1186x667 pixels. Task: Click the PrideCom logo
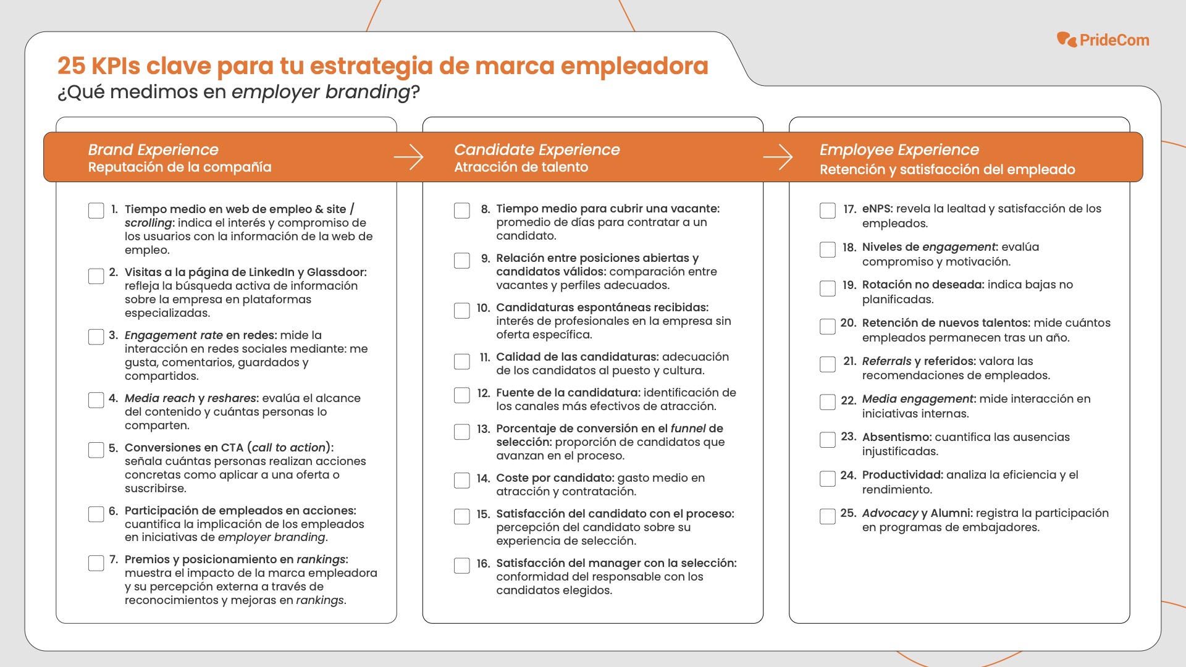click(x=1103, y=40)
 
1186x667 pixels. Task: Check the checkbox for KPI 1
click(x=96, y=211)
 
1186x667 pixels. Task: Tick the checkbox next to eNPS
click(x=828, y=211)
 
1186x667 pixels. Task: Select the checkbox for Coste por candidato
click(x=462, y=480)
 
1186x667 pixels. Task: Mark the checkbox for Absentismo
click(x=828, y=440)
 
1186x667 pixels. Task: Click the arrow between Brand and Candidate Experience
click(x=408, y=157)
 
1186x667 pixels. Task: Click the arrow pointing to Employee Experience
click(x=778, y=157)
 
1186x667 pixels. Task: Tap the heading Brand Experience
click(x=153, y=149)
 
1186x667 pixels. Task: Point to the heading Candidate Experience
click(x=537, y=149)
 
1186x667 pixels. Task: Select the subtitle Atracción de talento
click(x=521, y=167)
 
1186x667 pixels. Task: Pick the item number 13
click(x=483, y=429)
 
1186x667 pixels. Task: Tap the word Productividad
click(x=902, y=475)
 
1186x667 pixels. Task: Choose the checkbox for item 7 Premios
click(x=96, y=563)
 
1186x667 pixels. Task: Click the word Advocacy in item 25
click(x=890, y=513)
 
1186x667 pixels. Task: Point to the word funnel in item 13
click(x=688, y=429)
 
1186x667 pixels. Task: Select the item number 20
click(x=848, y=323)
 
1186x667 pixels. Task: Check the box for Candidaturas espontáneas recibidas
click(x=462, y=310)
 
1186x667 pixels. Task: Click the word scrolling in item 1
click(x=148, y=223)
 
